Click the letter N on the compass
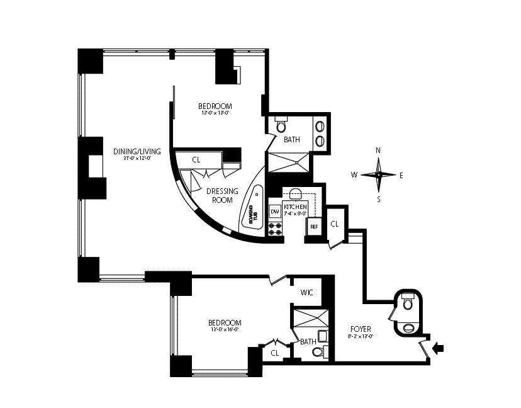click(x=378, y=150)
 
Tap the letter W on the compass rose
click(x=354, y=174)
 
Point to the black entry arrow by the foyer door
click(x=439, y=347)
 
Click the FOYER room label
click(x=361, y=329)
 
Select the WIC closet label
click(x=307, y=292)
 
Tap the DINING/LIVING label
click(x=137, y=151)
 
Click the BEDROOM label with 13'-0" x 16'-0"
click(x=225, y=322)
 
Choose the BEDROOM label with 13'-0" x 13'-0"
click(x=215, y=106)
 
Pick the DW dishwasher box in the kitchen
click(x=275, y=211)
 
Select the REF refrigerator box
click(x=314, y=226)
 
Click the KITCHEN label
click(x=295, y=207)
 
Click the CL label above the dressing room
click(x=196, y=160)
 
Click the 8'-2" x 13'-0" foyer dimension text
click(x=361, y=336)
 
